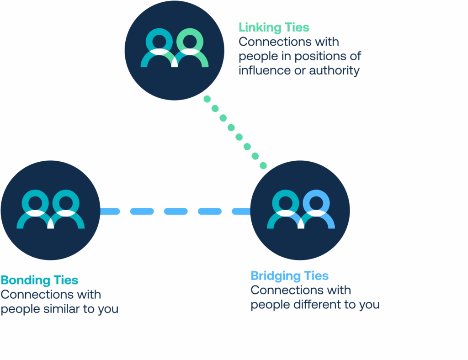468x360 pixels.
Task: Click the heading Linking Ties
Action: pyautogui.click(x=274, y=27)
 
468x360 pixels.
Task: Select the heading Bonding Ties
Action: pyautogui.click(x=39, y=280)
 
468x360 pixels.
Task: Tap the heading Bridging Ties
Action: pyautogui.click(x=289, y=276)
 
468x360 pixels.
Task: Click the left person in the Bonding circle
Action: pyautogui.click(x=35, y=211)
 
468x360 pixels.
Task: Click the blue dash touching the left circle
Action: pyautogui.click(x=110, y=212)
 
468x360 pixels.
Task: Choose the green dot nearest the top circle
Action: pyautogui.click(x=207, y=99)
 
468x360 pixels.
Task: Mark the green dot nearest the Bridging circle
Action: pyautogui.click(x=263, y=165)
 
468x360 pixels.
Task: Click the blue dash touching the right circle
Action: pyautogui.click(x=241, y=212)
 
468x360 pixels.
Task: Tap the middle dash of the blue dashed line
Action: pyautogui.click(x=176, y=212)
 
